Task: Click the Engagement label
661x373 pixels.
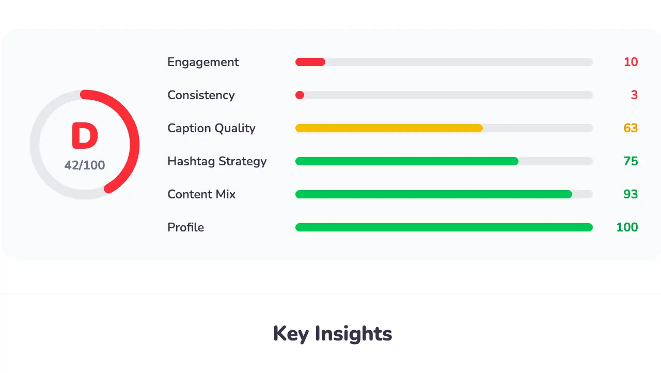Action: pyautogui.click(x=203, y=62)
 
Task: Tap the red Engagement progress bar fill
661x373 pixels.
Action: pyautogui.click(x=310, y=62)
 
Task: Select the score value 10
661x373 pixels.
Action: pyautogui.click(x=631, y=62)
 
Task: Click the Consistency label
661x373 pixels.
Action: pyautogui.click(x=201, y=95)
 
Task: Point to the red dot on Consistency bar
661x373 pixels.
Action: pyautogui.click(x=300, y=95)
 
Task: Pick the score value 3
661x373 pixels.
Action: pyautogui.click(x=634, y=95)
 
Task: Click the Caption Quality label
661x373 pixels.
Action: pyautogui.click(x=211, y=128)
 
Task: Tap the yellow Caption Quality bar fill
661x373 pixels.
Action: pyautogui.click(x=388, y=128)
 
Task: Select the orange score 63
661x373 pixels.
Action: pyautogui.click(x=631, y=128)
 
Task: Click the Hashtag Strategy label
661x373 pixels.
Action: pyautogui.click(x=217, y=161)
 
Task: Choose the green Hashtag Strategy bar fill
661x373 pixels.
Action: pyautogui.click(x=406, y=161)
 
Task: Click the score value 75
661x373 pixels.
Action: pyautogui.click(x=631, y=161)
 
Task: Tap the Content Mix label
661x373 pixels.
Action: pyautogui.click(x=201, y=194)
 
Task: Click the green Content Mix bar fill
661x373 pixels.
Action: pyautogui.click(x=433, y=194)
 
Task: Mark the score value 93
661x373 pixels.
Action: pyautogui.click(x=631, y=194)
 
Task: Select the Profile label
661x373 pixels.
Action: pyautogui.click(x=185, y=227)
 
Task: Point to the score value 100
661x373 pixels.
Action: pyautogui.click(x=627, y=227)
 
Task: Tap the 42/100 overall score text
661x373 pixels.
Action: pyautogui.click(x=85, y=165)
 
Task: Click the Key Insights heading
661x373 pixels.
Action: pyautogui.click(x=333, y=334)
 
